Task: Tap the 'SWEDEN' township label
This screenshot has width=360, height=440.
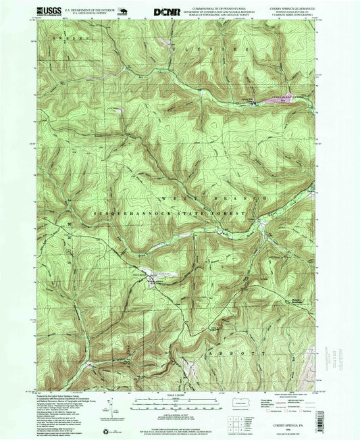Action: (64, 42)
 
